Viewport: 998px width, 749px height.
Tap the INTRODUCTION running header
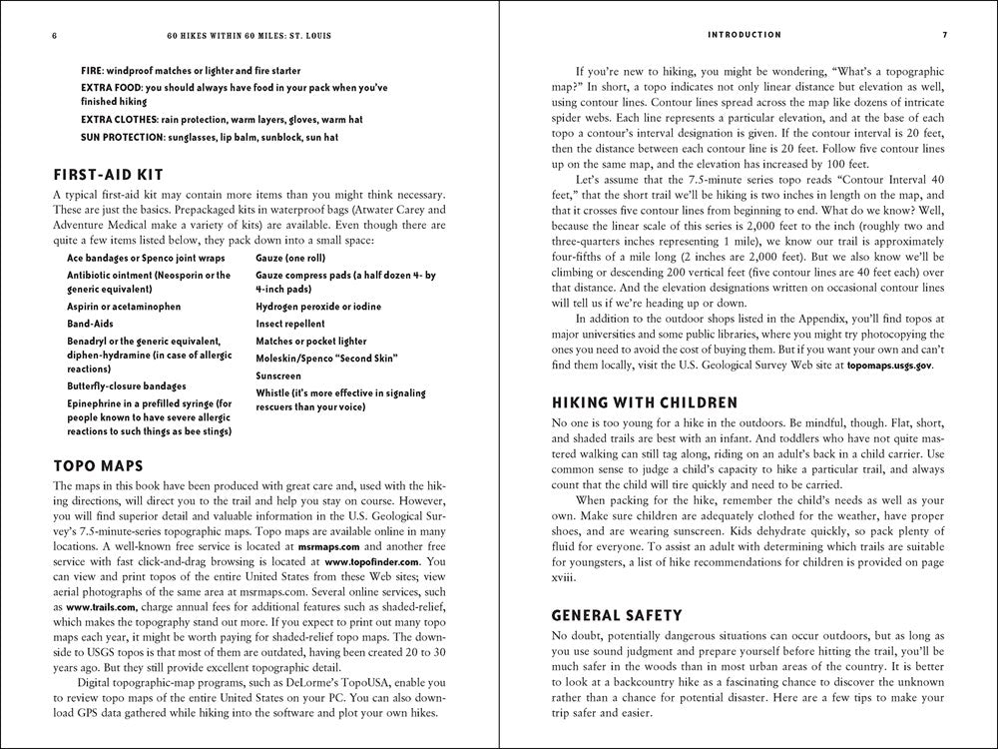(x=744, y=35)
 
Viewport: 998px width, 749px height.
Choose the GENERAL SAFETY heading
(x=618, y=615)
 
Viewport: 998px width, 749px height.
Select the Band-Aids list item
(x=92, y=324)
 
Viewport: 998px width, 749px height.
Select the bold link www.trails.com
(x=99, y=605)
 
